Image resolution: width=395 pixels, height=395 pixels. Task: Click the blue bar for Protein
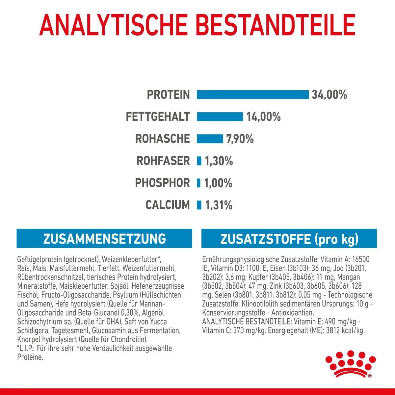click(252, 94)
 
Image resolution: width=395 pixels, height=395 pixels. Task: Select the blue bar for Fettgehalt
click(220, 117)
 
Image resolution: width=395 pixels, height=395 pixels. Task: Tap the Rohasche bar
click(210, 139)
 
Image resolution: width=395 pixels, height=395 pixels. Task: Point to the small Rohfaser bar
click(199, 161)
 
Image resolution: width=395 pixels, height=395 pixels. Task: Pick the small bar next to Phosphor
click(198, 183)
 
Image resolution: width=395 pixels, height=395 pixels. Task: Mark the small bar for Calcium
click(199, 205)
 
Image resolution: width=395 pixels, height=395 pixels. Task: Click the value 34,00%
click(329, 95)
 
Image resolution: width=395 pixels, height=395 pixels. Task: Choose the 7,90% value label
click(240, 139)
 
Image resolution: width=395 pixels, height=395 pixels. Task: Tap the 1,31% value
click(219, 205)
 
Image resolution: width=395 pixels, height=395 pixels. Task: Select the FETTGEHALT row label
click(158, 117)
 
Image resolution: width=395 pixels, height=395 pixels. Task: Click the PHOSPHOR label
click(163, 183)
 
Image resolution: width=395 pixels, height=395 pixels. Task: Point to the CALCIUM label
click(168, 205)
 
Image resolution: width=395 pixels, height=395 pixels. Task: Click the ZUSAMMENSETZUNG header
click(104, 239)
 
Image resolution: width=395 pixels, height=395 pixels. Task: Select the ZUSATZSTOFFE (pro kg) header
click(289, 239)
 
